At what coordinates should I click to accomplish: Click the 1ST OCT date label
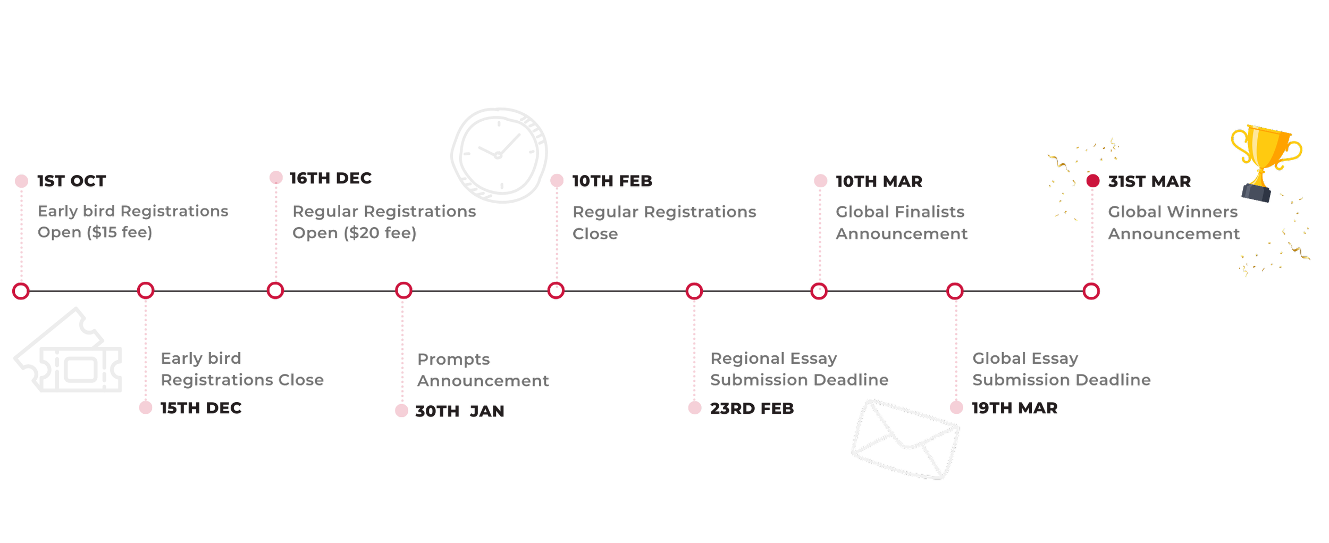pos(72,181)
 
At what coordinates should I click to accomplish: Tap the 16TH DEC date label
pos(330,178)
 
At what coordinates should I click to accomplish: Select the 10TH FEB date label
pos(612,181)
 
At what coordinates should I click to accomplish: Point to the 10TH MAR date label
pos(879,182)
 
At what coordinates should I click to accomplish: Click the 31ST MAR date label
pos(1149,182)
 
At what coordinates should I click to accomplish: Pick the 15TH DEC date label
pos(201,408)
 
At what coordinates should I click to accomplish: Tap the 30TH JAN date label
pos(460,411)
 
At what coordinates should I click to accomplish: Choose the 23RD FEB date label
pos(752,408)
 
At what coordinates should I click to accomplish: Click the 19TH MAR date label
pos(1015,408)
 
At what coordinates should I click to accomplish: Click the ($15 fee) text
pos(120,232)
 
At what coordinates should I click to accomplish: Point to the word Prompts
pos(453,360)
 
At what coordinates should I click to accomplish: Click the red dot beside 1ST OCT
pos(22,181)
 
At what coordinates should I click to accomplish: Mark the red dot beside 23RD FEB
pos(695,408)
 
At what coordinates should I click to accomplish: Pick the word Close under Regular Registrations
pos(595,234)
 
